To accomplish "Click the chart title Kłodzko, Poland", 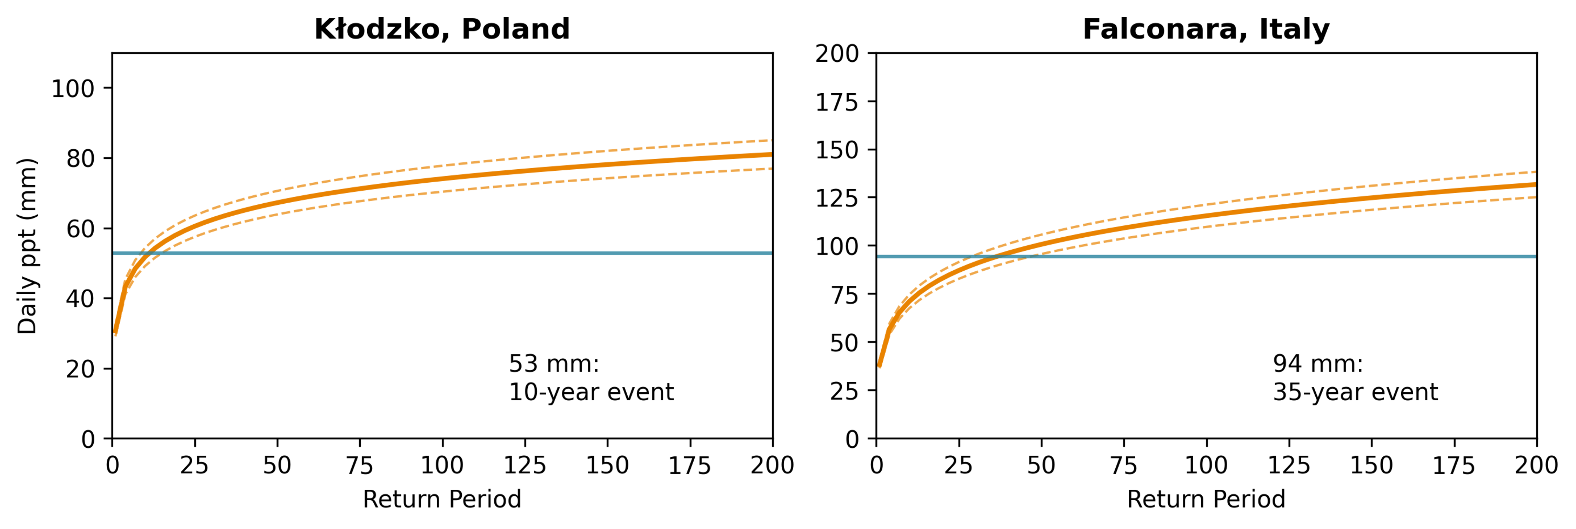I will pyautogui.click(x=442, y=29).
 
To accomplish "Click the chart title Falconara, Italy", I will pyautogui.click(x=1206, y=29).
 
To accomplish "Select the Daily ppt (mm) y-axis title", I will pyautogui.click(x=27, y=246).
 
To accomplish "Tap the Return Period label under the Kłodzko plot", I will pyautogui.click(x=442, y=499).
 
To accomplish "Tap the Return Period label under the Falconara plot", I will pyautogui.click(x=1206, y=499).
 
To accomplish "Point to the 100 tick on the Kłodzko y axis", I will pyautogui.click(x=72, y=89).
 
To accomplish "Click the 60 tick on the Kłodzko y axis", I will pyautogui.click(x=80, y=229).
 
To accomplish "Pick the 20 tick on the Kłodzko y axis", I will pyautogui.click(x=80, y=369).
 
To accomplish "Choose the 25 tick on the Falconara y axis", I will pyautogui.click(x=844, y=391).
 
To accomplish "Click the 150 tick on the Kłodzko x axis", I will pyautogui.click(x=607, y=466).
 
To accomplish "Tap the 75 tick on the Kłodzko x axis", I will pyautogui.click(x=359, y=466).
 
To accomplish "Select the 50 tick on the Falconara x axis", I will pyautogui.click(x=1041, y=466).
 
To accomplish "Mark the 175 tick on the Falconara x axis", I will pyautogui.click(x=1454, y=466).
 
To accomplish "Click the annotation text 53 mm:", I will pyautogui.click(x=554, y=364).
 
